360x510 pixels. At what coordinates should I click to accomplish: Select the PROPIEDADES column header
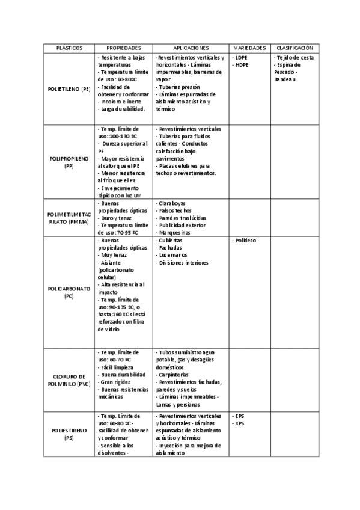pos(124,47)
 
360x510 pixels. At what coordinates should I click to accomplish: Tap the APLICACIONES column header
pos(191,47)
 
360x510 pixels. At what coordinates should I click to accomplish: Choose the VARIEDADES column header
pos(250,47)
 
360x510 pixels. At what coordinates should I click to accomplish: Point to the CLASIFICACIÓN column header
pos(294,47)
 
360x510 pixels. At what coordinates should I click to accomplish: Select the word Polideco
pos(245,241)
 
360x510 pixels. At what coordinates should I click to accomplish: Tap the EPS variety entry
pos(240,416)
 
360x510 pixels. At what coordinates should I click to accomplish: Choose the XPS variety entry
pos(240,423)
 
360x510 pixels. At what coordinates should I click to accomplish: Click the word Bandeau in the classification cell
pos(285,79)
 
